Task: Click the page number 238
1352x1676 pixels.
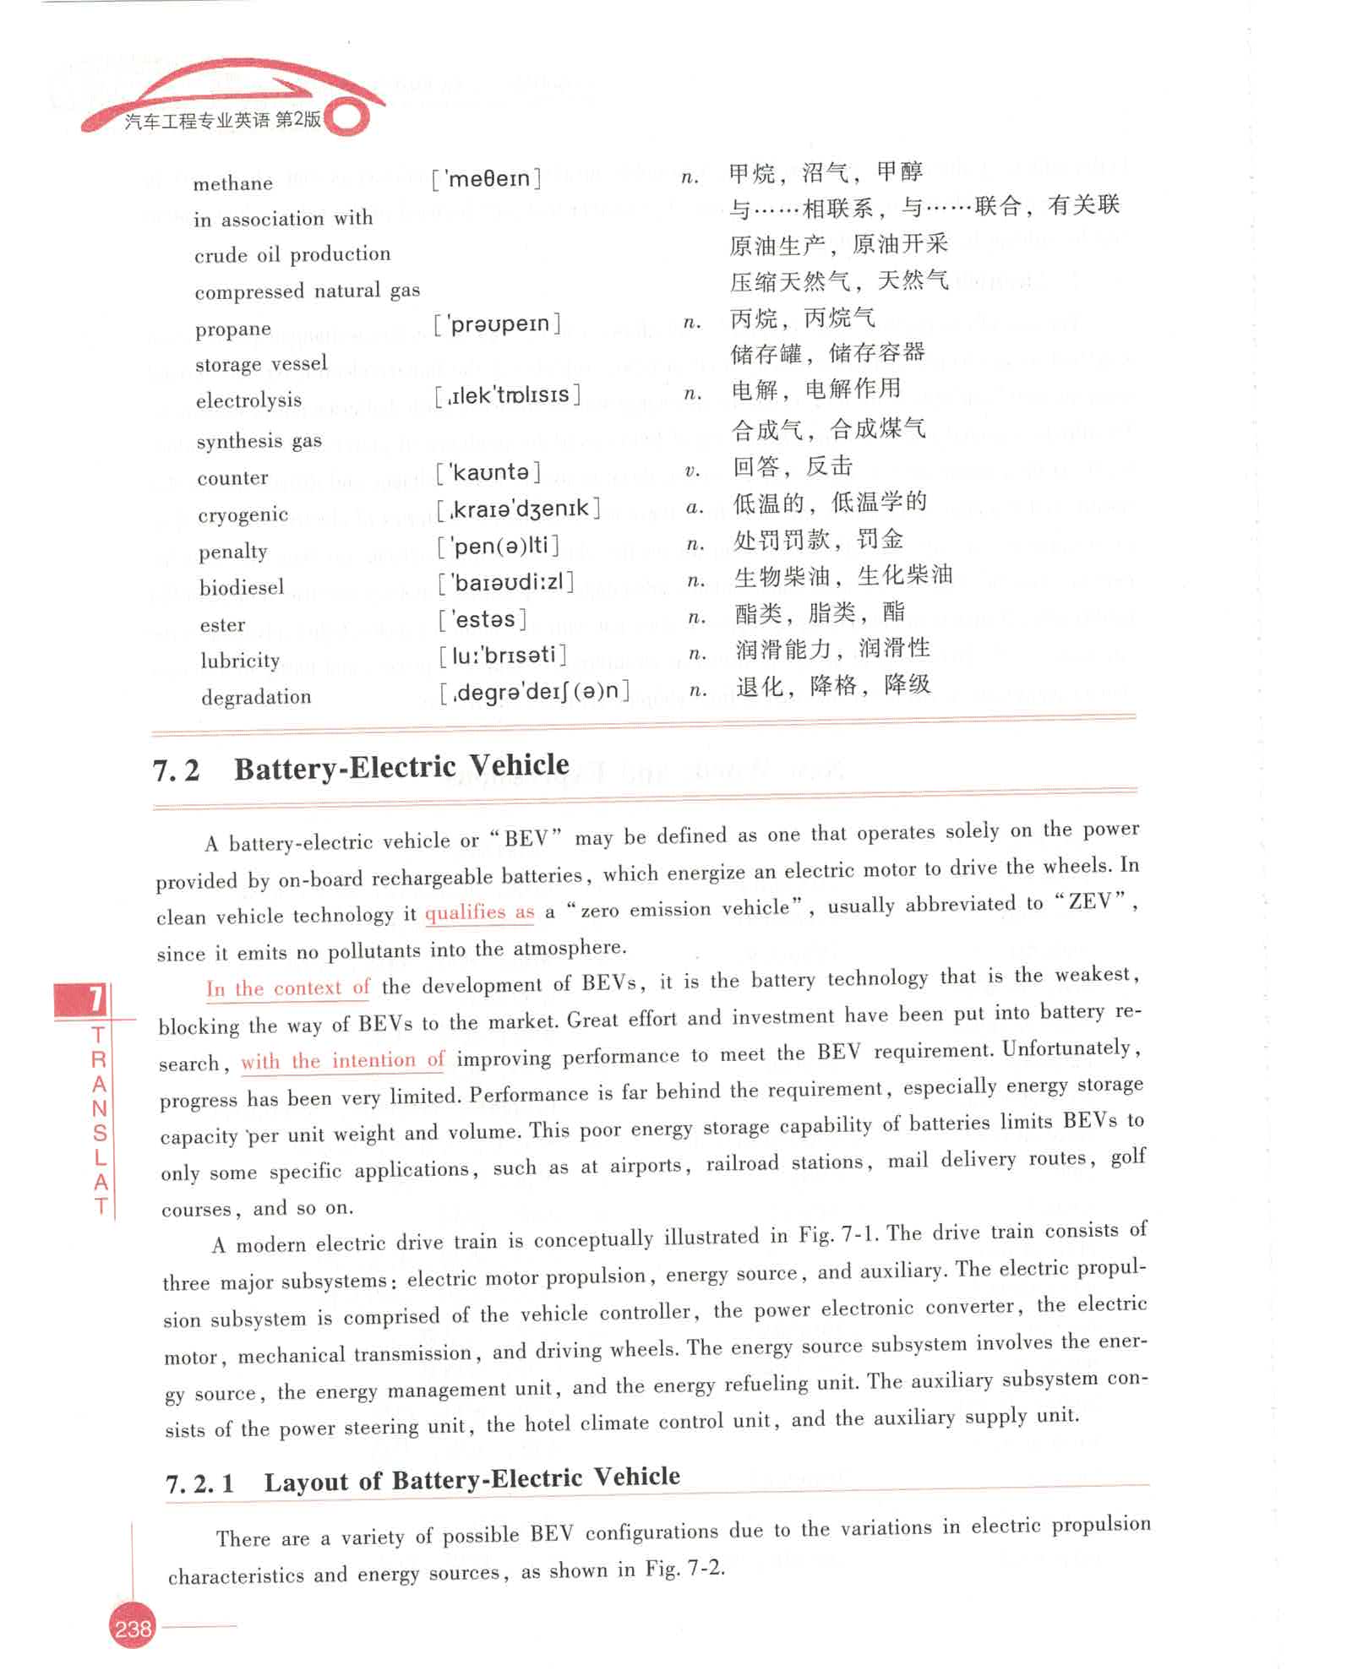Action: (x=133, y=1628)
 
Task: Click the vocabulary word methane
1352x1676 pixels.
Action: (x=232, y=183)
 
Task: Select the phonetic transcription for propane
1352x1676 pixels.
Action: (x=497, y=324)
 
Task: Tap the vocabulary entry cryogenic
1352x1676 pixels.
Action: (x=243, y=514)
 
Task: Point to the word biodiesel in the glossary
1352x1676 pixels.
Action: (x=242, y=587)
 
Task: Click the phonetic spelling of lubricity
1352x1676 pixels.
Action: (x=504, y=656)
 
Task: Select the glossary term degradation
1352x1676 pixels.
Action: (x=256, y=697)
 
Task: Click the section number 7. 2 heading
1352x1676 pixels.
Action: (x=176, y=770)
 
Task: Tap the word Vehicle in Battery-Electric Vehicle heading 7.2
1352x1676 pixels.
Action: (x=519, y=765)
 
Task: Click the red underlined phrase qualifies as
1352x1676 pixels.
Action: (x=479, y=912)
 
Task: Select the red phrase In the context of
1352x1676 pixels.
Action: (x=288, y=988)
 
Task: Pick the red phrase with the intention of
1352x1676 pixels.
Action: (x=342, y=1060)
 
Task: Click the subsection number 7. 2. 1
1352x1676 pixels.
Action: (x=199, y=1483)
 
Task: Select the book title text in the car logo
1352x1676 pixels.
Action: (x=223, y=121)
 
